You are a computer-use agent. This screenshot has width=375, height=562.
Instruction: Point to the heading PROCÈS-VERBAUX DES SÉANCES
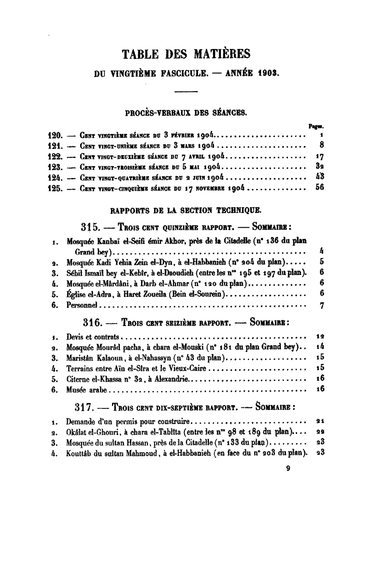tap(186, 112)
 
